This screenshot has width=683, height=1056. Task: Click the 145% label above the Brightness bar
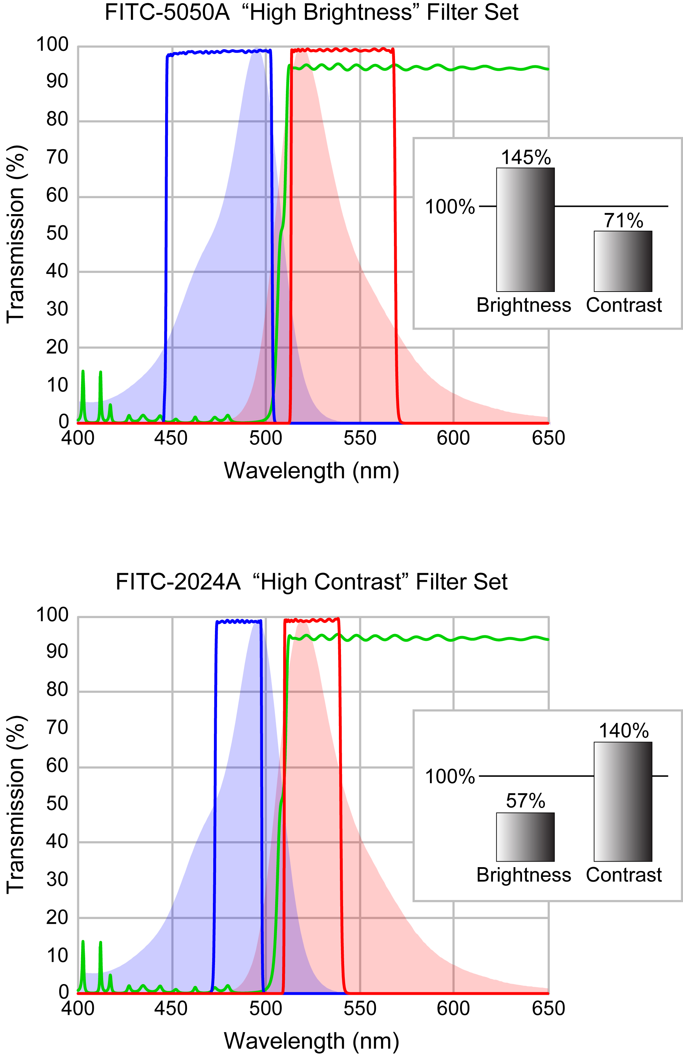click(x=525, y=158)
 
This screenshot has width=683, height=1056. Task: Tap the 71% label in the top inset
click(x=623, y=221)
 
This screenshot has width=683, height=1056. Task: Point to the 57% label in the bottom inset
click(x=525, y=801)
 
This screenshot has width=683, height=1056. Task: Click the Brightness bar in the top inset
click(x=525, y=230)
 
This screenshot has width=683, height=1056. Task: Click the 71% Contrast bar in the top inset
click(x=623, y=261)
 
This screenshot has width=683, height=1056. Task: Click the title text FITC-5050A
click(x=167, y=12)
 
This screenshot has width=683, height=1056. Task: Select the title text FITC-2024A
click(x=178, y=582)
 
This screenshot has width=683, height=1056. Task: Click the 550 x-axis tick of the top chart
click(x=360, y=438)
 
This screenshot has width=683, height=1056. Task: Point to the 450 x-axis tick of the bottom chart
click(x=171, y=1009)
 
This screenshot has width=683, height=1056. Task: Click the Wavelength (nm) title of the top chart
click(x=311, y=471)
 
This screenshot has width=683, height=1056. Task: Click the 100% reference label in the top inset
click(x=450, y=207)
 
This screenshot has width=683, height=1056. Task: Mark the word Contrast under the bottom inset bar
click(x=623, y=875)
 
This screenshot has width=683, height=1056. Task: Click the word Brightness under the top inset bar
click(x=524, y=305)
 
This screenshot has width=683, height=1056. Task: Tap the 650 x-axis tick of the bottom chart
click(x=548, y=1009)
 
